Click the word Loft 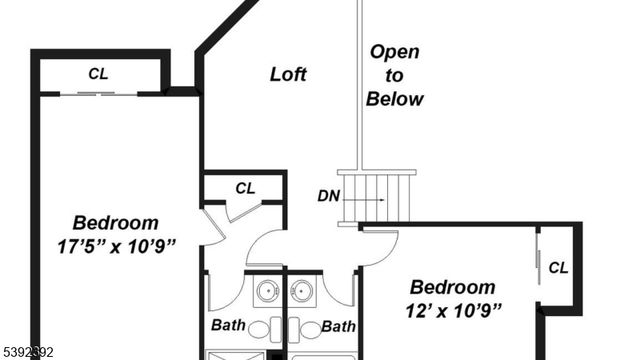click(x=288, y=74)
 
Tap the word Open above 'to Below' click(x=394, y=52)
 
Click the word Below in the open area click(x=394, y=99)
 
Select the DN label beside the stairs click(x=329, y=196)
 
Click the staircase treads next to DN click(x=377, y=196)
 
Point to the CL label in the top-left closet click(x=98, y=73)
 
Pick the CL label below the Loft click(x=245, y=187)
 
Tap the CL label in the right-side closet click(x=558, y=267)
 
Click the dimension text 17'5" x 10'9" click(x=117, y=246)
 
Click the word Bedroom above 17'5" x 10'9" click(x=116, y=222)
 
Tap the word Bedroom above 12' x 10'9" click(x=452, y=286)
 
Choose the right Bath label click(x=340, y=326)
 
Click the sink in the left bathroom click(x=267, y=292)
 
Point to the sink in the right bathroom click(x=303, y=292)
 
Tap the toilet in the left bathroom click(x=259, y=329)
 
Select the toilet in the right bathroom click(x=309, y=329)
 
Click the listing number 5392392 click(x=30, y=352)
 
